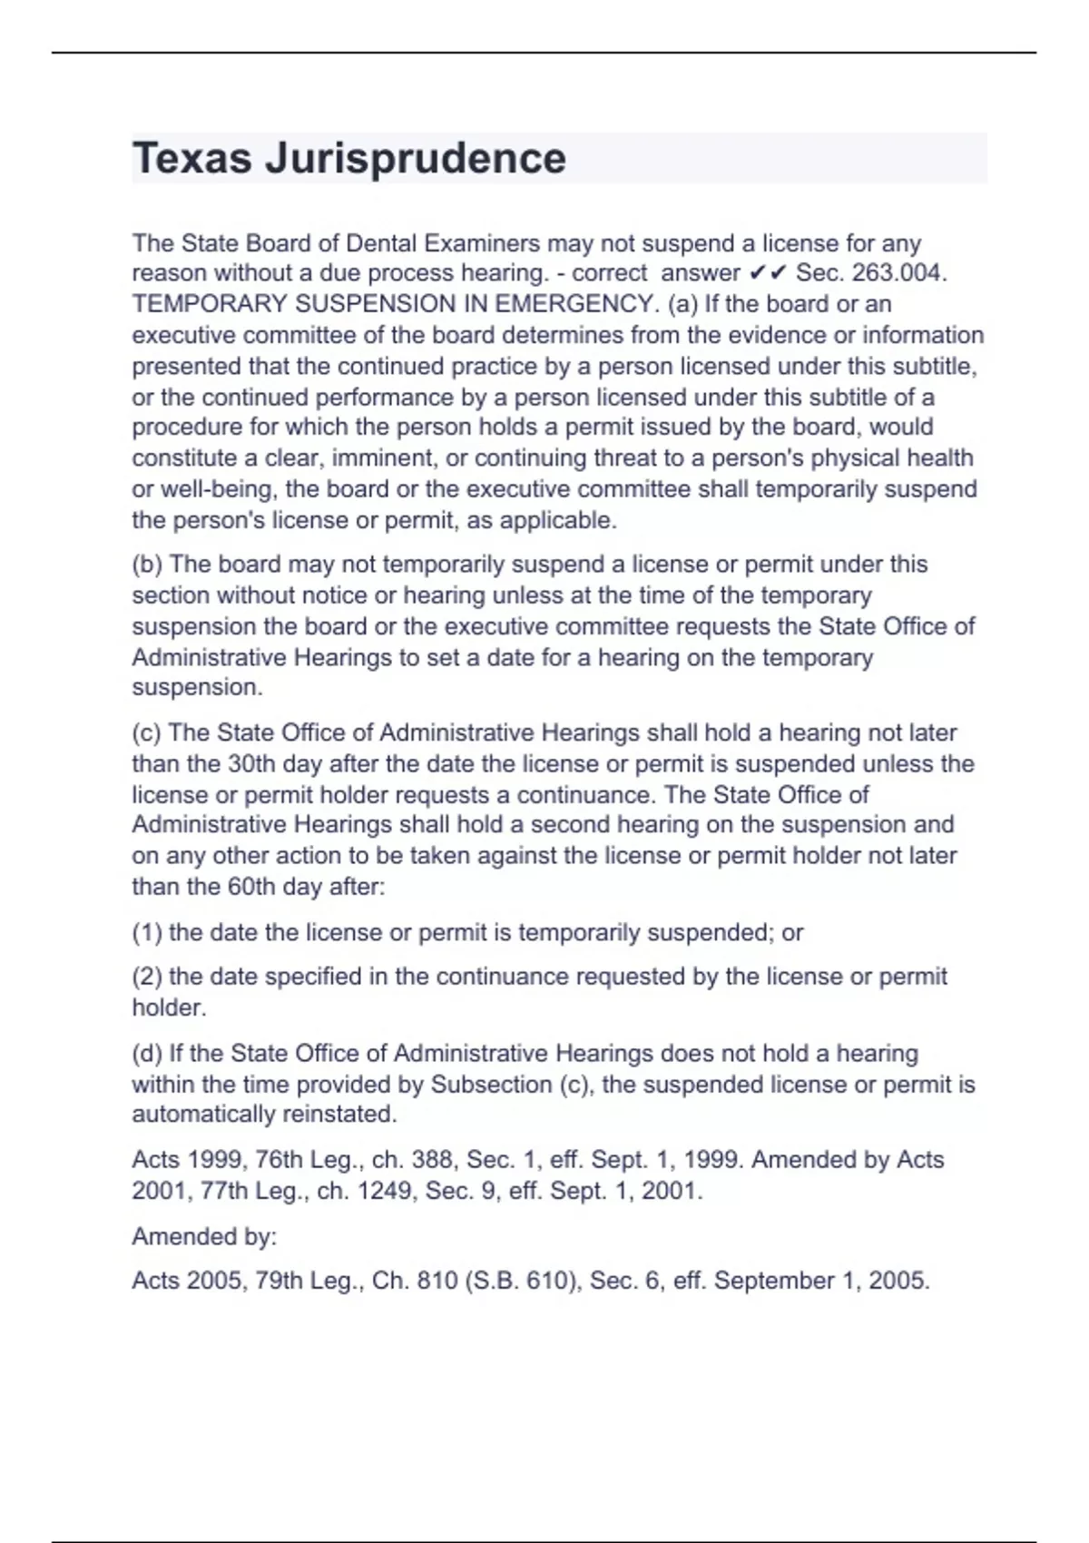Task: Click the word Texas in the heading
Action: coord(191,159)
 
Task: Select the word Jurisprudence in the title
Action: coord(416,159)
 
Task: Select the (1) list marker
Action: coord(147,933)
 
